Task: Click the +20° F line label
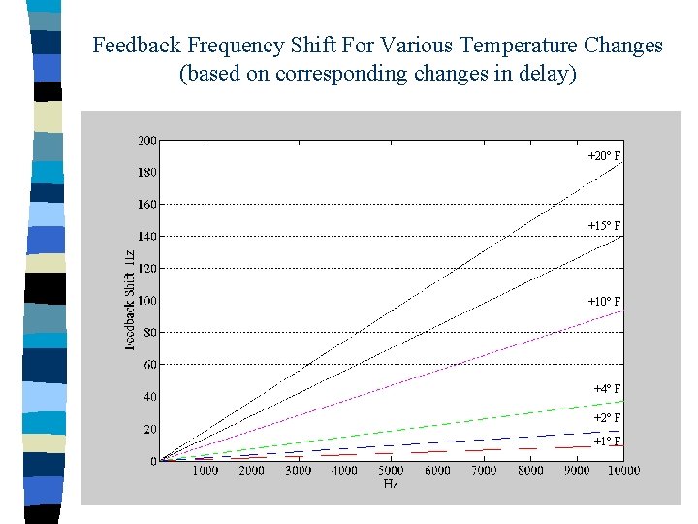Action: (x=604, y=155)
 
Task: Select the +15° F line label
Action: (x=604, y=225)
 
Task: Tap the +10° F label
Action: (x=604, y=301)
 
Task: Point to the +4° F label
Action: (x=607, y=388)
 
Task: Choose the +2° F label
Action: (x=607, y=417)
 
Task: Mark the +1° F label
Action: (x=607, y=441)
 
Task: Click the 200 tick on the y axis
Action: (x=146, y=140)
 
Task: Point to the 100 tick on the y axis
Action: (x=146, y=300)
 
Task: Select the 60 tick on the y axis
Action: (x=149, y=365)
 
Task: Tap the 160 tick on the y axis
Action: (x=146, y=204)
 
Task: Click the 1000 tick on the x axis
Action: (x=205, y=471)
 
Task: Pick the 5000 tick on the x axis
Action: (x=391, y=471)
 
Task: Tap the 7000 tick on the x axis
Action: (x=484, y=471)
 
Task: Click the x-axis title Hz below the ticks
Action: (x=391, y=482)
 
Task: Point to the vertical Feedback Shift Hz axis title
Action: (x=129, y=300)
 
